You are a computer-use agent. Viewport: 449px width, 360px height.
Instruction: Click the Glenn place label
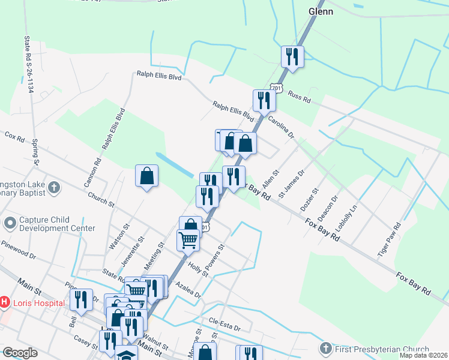click(x=321, y=11)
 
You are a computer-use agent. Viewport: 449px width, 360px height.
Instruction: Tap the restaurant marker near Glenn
click(x=292, y=57)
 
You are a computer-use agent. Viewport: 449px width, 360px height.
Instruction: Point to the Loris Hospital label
click(x=40, y=303)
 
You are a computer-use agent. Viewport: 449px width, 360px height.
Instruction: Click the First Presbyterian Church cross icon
click(x=325, y=349)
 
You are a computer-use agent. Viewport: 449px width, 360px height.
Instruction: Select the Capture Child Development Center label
click(x=58, y=224)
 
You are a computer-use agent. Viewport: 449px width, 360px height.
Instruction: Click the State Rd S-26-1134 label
click(x=28, y=64)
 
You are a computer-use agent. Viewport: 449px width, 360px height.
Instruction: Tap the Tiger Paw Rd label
click(x=389, y=241)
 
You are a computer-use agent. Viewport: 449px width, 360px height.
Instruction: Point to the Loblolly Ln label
click(x=347, y=218)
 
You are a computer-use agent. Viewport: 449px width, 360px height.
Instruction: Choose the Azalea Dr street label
click(x=188, y=292)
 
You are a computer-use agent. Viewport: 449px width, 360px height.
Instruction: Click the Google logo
click(x=20, y=353)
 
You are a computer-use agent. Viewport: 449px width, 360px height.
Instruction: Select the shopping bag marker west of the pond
click(x=146, y=176)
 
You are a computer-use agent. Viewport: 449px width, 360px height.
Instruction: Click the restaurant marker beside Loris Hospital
click(x=81, y=300)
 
